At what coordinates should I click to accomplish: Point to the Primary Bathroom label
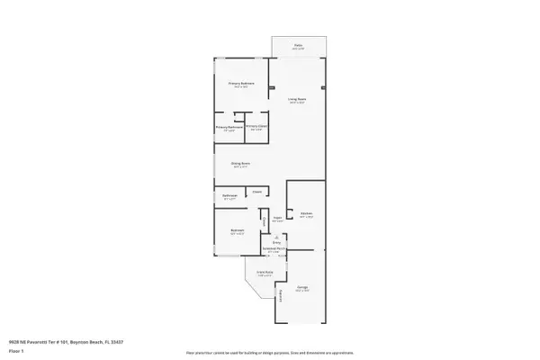tap(229, 128)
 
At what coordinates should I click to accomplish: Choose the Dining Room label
tap(241, 163)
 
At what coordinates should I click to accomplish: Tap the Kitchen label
tap(306, 213)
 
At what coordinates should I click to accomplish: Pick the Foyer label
tap(278, 218)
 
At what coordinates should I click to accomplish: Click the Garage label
tap(303, 288)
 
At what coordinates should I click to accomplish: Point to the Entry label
tap(277, 242)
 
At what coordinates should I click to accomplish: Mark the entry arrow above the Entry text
tap(277, 237)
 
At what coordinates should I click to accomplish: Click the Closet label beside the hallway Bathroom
tap(256, 191)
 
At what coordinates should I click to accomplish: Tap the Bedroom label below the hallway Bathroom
tap(237, 230)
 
